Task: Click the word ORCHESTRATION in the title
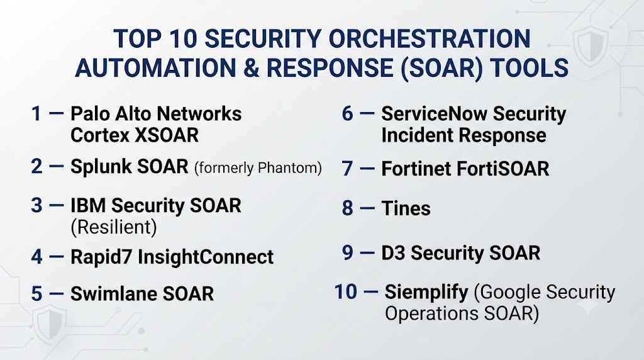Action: [x=430, y=38]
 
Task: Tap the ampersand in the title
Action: [x=252, y=68]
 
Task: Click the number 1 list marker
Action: [x=36, y=114]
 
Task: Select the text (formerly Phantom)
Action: [x=258, y=167]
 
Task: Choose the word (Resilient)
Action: [x=114, y=227]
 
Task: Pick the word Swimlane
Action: [x=114, y=294]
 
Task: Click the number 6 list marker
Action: [x=347, y=114]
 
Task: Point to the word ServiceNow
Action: [x=434, y=114]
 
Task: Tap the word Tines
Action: [x=406, y=208]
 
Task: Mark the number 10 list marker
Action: [x=346, y=292]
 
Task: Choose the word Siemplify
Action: [x=426, y=293]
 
